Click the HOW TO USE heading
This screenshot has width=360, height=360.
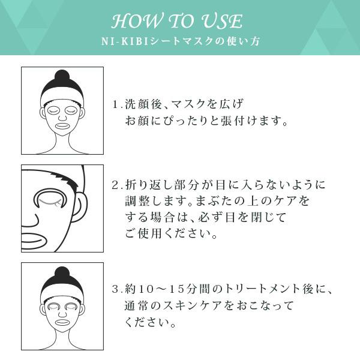177,22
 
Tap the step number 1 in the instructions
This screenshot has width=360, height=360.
115,104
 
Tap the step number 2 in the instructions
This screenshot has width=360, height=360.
115,184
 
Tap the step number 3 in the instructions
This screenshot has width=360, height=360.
115,290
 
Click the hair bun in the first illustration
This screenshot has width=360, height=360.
62,77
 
